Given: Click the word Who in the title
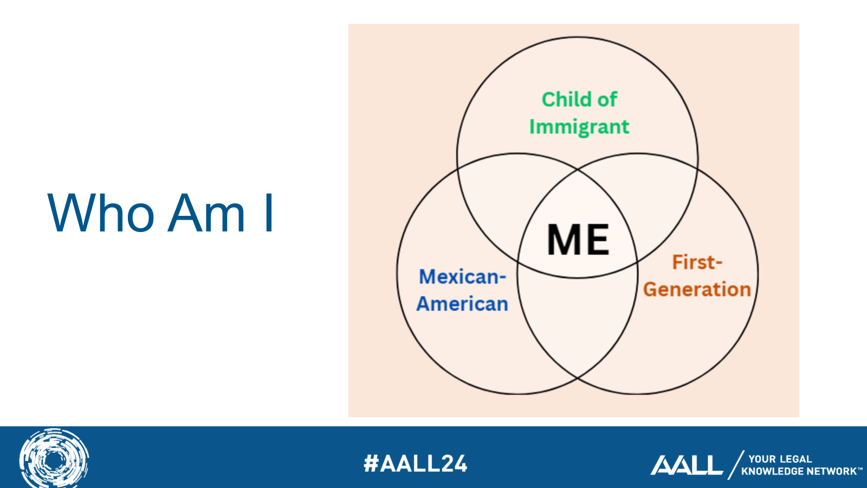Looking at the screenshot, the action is [101, 213].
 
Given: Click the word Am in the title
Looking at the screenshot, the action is [206, 213].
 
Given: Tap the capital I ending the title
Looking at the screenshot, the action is [269, 213].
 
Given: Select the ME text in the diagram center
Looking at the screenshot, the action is [578, 239].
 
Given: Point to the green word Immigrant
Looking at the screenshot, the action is [579, 127].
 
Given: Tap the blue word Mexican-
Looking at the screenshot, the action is [463, 277].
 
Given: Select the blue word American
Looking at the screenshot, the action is [462, 304].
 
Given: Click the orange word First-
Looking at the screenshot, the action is [697, 262].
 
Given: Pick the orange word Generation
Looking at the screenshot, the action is [697, 290].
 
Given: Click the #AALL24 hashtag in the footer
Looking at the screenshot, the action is [416, 464].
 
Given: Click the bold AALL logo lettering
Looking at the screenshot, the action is [687, 465].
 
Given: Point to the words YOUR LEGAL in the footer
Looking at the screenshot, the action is [780, 459].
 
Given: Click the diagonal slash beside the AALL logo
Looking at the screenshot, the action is [736, 465].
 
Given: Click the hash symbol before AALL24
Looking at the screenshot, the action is [371, 464].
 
